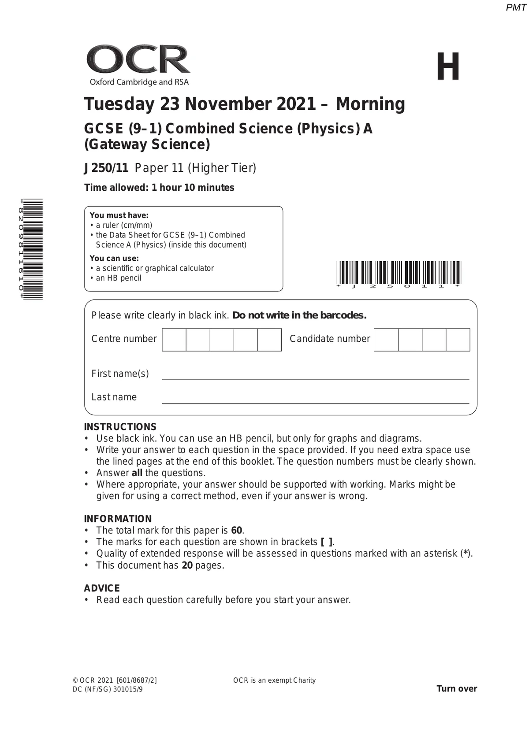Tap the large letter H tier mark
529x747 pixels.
(x=448, y=67)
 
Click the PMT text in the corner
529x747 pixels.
(x=516, y=7)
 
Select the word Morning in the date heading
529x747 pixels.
(x=370, y=104)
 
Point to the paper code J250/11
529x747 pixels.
(x=106, y=168)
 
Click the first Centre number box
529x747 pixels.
(x=174, y=340)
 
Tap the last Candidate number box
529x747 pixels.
(x=458, y=340)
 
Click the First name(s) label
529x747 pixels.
(x=120, y=373)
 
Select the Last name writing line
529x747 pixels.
(x=315, y=402)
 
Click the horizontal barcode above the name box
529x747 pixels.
(x=398, y=273)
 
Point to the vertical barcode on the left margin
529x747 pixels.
(x=33, y=249)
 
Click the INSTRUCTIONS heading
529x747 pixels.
(x=120, y=427)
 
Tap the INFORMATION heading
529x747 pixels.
(x=118, y=519)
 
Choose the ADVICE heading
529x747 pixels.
(x=102, y=588)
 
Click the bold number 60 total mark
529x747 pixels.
(x=237, y=530)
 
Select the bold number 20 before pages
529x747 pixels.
(x=187, y=565)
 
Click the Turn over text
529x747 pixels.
(x=457, y=689)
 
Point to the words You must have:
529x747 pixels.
(x=119, y=215)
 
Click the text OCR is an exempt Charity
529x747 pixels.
(x=274, y=680)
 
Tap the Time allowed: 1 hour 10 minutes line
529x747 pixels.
(x=159, y=188)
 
